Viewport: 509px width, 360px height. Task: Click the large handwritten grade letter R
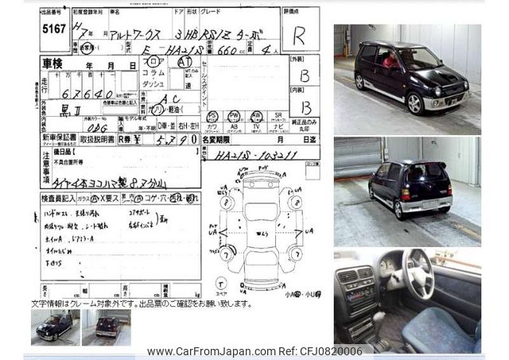298,36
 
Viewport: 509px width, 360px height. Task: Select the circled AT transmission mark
185,60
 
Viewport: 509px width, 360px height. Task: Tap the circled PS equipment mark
212,116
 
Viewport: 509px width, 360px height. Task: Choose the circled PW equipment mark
234,116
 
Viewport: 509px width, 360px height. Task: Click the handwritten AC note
169,98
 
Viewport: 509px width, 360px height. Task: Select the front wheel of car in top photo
414,103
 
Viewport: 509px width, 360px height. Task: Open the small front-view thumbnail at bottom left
55,326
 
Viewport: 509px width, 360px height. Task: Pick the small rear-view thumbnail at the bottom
107,326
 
